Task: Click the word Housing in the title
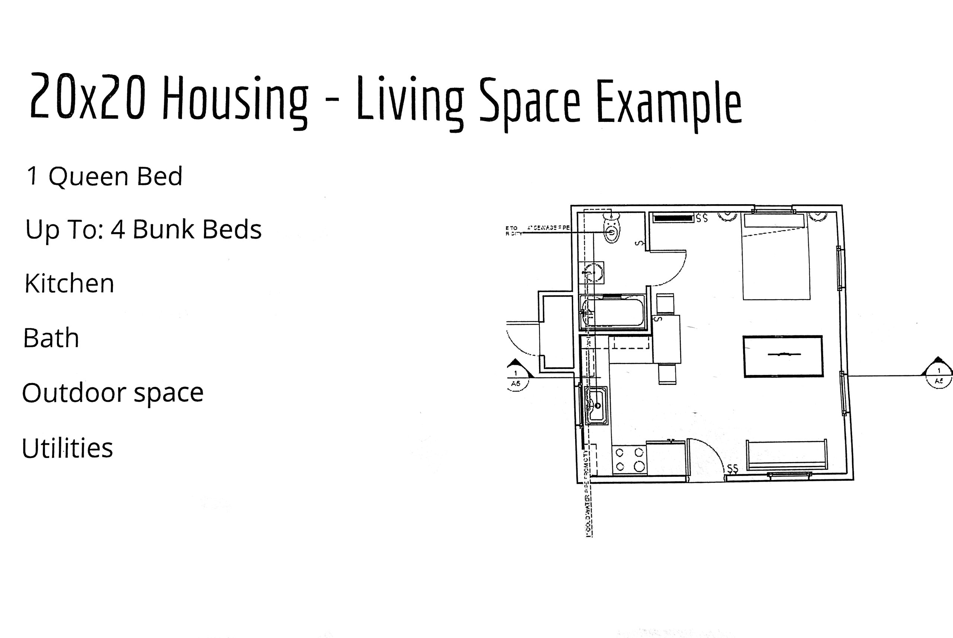pyautogui.click(x=235, y=99)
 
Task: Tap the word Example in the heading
pyautogui.click(x=668, y=102)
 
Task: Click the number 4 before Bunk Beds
pyautogui.click(x=117, y=229)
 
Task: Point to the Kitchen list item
pyautogui.click(x=69, y=283)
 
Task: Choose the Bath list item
pyautogui.click(x=51, y=338)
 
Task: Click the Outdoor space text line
pyautogui.click(x=112, y=393)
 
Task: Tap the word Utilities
pyautogui.click(x=67, y=448)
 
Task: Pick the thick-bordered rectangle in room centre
pyautogui.click(x=783, y=356)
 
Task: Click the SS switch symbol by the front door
pyautogui.click(x=732, y=469)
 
